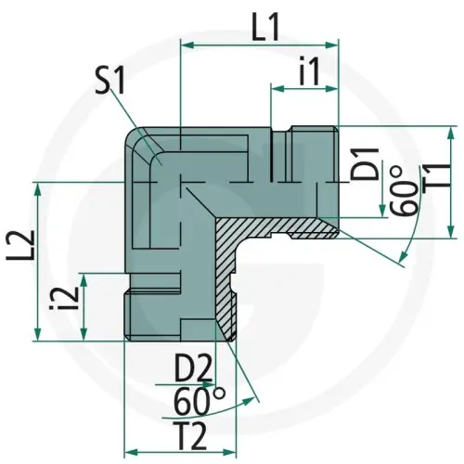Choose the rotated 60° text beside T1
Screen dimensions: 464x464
tap(401, 192)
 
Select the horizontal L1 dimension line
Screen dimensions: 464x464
tap(260, 45)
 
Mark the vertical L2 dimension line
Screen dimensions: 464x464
tap(36, 260)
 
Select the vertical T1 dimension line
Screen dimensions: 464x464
tap(450, 181)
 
